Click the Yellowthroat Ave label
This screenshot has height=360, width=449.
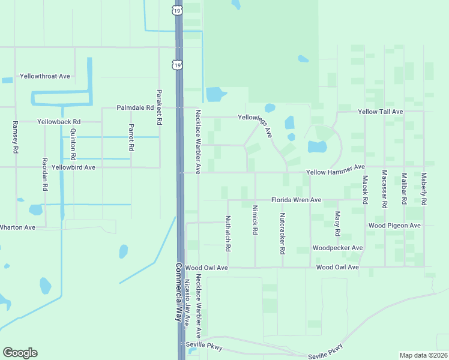pyautogui.click(x=45, y=76)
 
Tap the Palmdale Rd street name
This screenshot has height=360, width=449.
pyautogui.click(x=136, y=108)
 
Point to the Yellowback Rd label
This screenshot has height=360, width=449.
pyautogui.click(x=59, y=122)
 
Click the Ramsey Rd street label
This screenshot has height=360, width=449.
pyautogui.click(x=16, y=137)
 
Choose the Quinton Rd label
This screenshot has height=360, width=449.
pyautogui.click(x=73, y=144)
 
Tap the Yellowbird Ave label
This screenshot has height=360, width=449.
pyautogui.click(x=73, y=167)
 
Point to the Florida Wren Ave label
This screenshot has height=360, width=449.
pyautogui.click(x=296, y=200)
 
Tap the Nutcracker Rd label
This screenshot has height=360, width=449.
pyautogui.click(x=282, y=232)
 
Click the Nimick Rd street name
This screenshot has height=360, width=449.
pyautogui.click(x=255, y=220)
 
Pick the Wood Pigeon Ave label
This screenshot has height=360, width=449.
pyautogui.click(x=394, y=226)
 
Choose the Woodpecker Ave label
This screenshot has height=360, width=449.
pyautogui.click(x=338, y=248)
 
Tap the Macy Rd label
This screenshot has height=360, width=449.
pyautogui.click(x=338, y=224)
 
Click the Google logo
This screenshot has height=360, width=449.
pyautogui.click(x=20, y=353)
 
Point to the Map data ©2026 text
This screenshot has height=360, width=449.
pyautogui.click(x=423, y=355)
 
